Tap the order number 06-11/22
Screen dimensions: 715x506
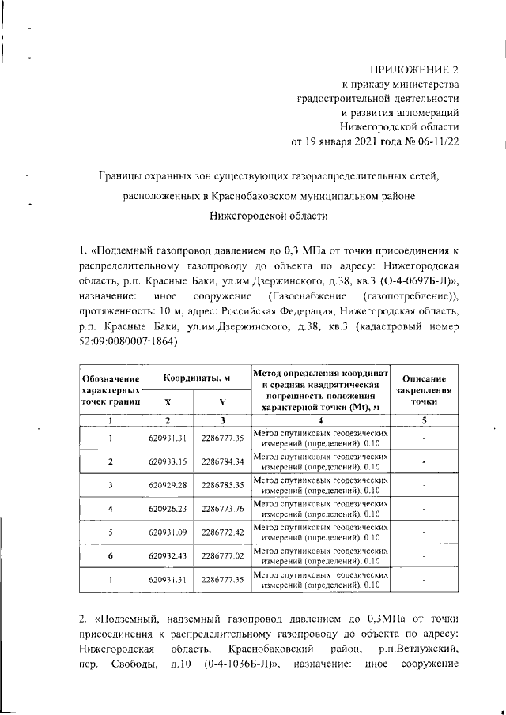436,142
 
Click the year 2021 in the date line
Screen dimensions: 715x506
368,142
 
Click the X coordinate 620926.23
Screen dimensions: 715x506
166,509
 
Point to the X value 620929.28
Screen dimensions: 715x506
166,485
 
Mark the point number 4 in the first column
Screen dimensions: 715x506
111,509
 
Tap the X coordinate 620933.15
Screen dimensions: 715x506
166,461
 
